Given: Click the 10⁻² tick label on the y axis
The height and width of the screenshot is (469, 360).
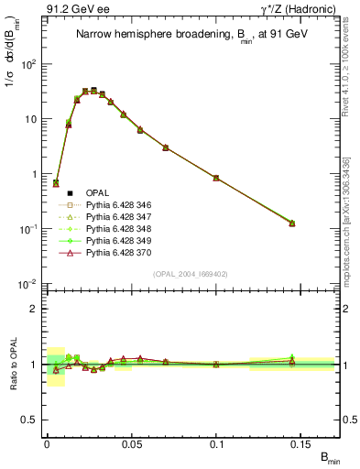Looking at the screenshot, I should [x=27, y=285].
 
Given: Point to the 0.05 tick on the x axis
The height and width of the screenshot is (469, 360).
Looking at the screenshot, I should [x=132, y=441].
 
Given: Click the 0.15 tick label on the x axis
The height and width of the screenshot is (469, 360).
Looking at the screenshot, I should [x=301, y=441].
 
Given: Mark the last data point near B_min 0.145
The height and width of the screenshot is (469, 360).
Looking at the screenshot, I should [x=292, y=223].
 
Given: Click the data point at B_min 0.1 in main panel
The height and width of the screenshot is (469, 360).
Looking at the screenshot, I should [x=216, y=178].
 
